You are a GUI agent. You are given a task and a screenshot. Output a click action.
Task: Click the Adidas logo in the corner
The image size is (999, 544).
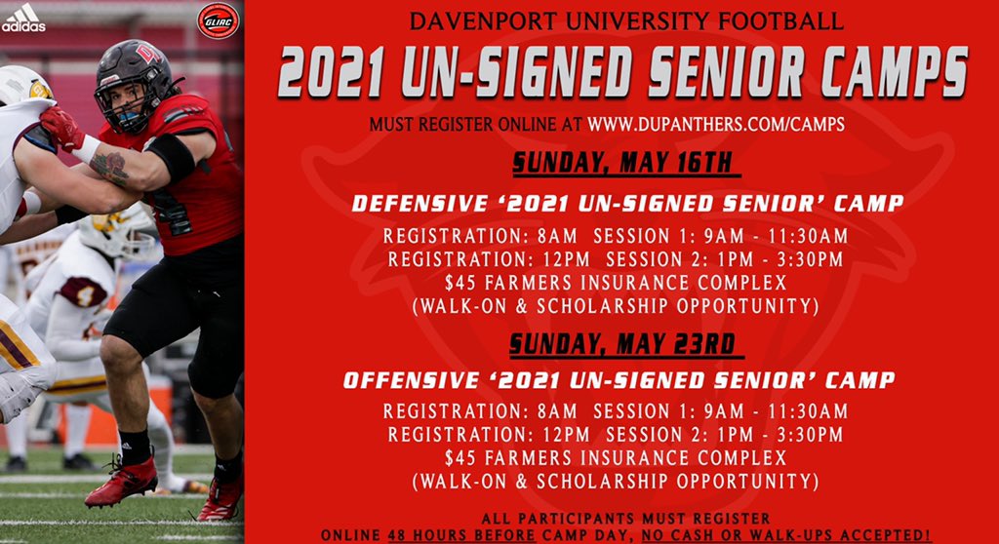[x=22, y=17]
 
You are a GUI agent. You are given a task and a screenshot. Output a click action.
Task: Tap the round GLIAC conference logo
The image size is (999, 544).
[x=217, y=20]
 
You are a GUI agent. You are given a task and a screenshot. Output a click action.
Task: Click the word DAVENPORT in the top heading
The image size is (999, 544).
[x=476, y=20]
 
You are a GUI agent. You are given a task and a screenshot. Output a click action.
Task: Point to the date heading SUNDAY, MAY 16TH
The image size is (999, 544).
[x=620, y=163]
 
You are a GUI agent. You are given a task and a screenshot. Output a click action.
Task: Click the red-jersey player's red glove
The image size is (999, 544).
[x=60, y=127]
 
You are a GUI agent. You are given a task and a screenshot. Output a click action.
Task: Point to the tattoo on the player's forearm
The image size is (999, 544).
[x=109, y=167]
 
